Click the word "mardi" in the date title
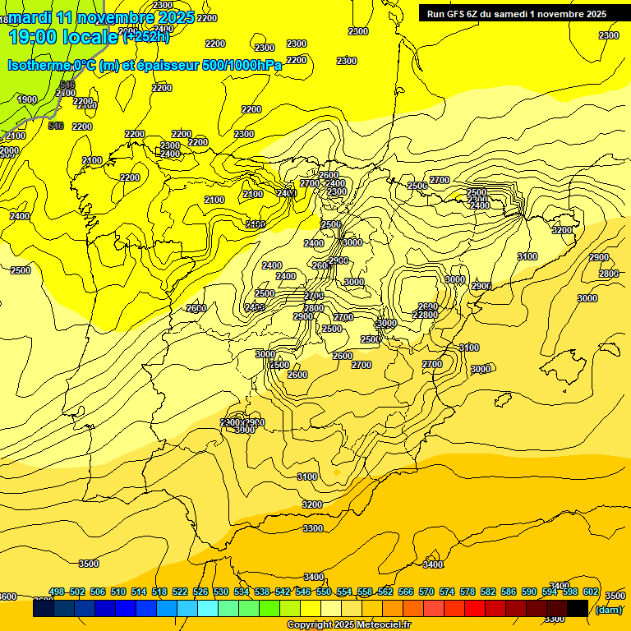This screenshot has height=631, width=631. click(x=30, y=16)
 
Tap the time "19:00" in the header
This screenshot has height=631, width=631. click(x=34, y=37)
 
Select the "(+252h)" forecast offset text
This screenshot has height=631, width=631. click(x=146, y=37)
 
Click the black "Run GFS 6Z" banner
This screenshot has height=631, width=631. click(x=517, y=14)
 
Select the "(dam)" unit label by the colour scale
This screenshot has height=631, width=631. click(x=608, y=609)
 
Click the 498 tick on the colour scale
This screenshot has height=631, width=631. click(x=57, y=592)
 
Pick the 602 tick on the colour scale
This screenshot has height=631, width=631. click(x=591, y=592)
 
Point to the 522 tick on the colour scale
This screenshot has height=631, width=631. click(x=180, y=592)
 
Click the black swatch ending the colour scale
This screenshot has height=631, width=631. click(x=578, y=608)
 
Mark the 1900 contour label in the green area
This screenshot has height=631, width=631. click(x=27, y=99)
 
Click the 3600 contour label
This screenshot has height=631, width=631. click(x=7, y=596)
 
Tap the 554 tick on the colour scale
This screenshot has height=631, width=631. click(x=344, y=592)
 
